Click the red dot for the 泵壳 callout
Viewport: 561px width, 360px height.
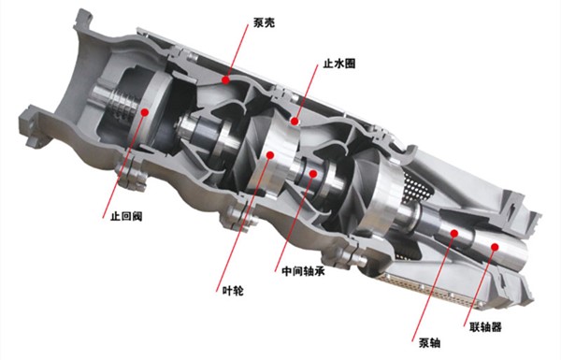coord(227,82)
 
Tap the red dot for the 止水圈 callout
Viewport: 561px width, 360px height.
coord(295,120)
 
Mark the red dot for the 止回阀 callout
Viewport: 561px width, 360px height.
coord(145,109)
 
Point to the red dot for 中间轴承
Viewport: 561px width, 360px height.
coord(312,174)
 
